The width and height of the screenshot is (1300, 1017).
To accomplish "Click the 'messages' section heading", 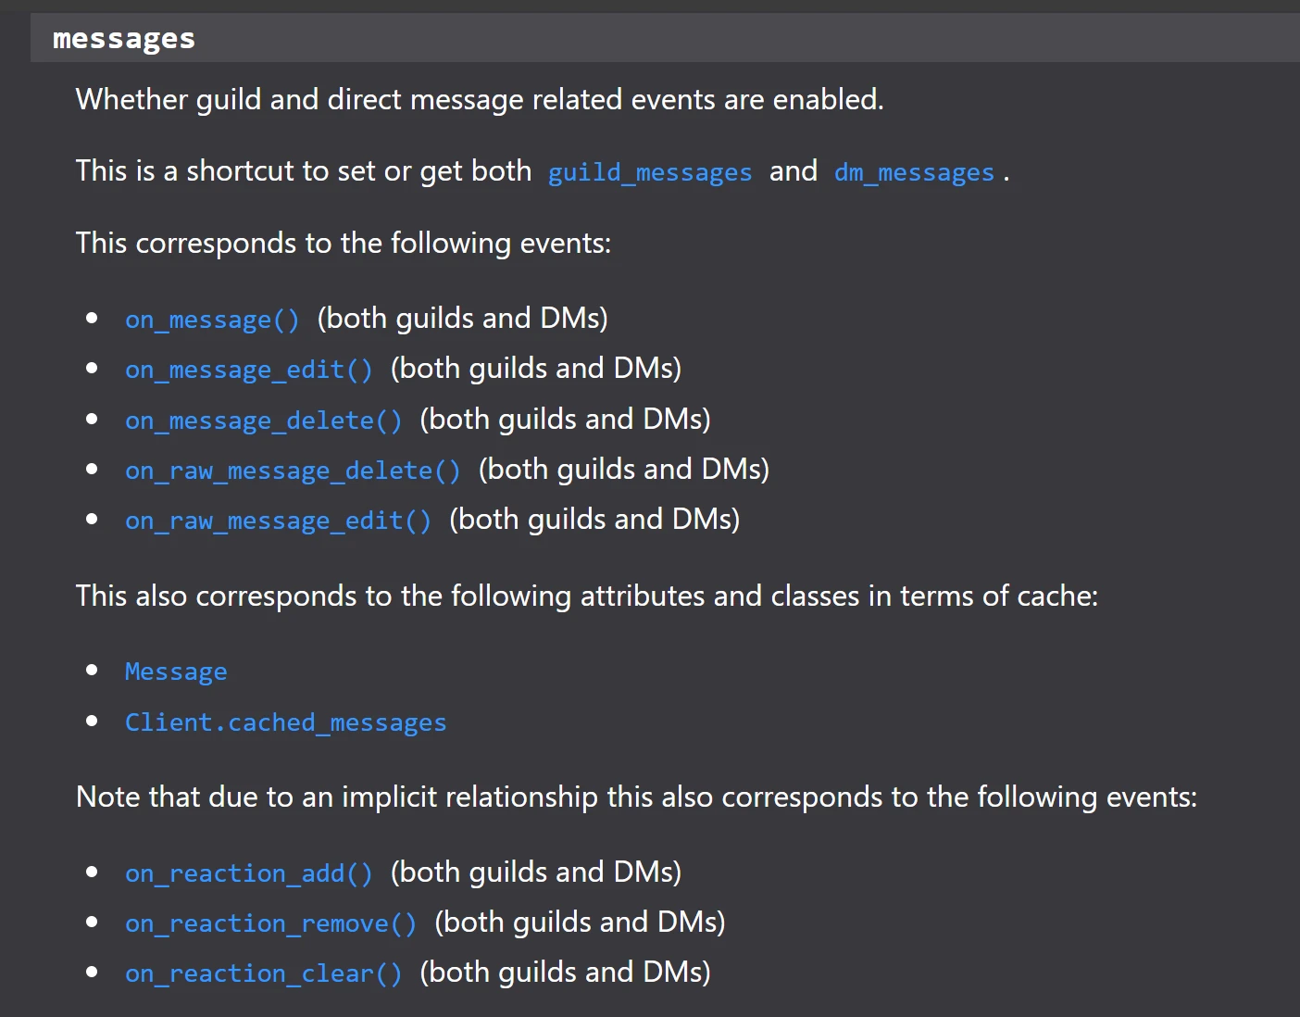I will (x=124, y=39).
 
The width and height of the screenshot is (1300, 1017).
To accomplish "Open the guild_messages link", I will (x=649, y=172).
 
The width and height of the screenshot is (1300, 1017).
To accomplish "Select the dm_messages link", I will (x=914, y=172).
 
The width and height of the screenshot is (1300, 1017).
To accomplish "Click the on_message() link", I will (x=212, y=320).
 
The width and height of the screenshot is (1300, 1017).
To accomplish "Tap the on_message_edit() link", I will (x=249, y=370).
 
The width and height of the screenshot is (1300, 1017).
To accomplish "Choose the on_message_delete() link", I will (x=264, y=421).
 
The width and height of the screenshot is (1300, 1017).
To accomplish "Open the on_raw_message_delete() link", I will (x=293, y=471).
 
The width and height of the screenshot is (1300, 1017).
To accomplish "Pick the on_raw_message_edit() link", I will (x=278, y=521).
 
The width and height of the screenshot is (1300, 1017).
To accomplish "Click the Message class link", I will (x=176, y=672).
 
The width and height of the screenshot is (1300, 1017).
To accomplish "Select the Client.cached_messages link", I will (x=285, y=722).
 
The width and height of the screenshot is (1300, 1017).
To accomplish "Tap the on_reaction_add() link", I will (x=249, y=873).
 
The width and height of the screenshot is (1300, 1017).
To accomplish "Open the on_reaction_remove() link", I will (x=270, y=923).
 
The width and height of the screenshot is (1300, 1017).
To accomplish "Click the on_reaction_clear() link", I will (x=264, y=973).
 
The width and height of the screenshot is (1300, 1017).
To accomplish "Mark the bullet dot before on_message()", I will (x=92, y=319).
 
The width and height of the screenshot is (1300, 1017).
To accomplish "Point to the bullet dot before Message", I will (x=92, y=671).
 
